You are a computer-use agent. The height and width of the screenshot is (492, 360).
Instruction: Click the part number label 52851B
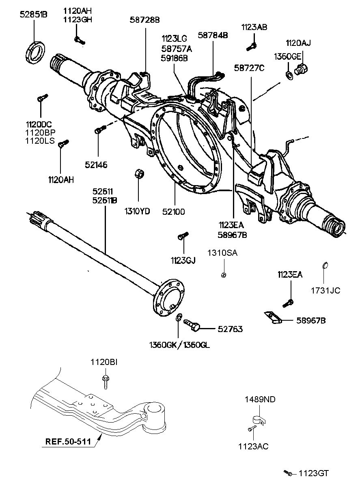coord(33,15)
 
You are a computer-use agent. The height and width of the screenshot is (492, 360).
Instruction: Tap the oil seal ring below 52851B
coord(35,53)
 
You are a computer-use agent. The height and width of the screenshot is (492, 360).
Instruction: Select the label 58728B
coord(144,20)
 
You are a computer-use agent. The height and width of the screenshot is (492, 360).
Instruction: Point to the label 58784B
coord(213,35)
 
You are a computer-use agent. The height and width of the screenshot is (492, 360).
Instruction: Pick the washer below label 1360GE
coord(289,76)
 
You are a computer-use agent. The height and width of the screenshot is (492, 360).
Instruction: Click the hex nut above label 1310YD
coord(139,174)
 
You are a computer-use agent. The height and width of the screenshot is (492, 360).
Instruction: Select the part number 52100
coord(174,212)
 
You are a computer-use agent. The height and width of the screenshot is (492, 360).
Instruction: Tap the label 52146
coord(96,165)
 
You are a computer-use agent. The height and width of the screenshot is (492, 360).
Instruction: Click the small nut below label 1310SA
coord(224,274)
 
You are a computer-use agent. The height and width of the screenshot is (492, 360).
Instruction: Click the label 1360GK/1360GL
coord(179,345)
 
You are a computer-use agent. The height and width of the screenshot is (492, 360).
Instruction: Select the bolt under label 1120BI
coord(106,382)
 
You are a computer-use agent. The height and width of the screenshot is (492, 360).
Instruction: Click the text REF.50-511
coord(68,441)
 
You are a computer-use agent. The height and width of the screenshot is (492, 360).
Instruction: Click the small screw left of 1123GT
coord(288,473)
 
